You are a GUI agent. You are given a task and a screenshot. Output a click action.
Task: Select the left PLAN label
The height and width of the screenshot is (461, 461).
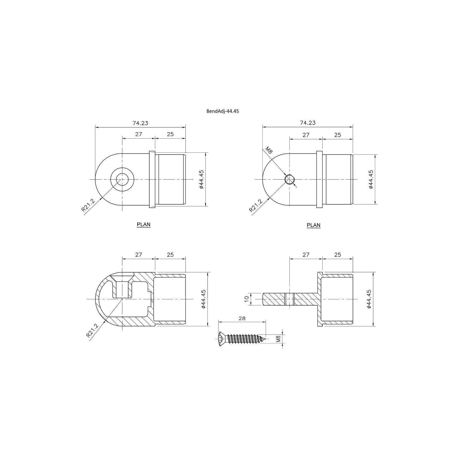coord(144,224)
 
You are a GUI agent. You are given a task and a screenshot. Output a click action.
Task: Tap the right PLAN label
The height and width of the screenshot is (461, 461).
coord(314,225)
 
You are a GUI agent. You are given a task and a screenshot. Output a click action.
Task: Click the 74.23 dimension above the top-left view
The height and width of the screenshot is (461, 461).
coord(140,123)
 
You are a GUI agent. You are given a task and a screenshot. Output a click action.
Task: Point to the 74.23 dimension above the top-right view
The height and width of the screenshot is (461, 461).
coord(308,123)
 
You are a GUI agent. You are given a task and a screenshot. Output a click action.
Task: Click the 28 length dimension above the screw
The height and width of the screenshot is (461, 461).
coord(242,319)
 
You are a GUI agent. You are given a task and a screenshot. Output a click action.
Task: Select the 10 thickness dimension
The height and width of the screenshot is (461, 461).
coord(247,299)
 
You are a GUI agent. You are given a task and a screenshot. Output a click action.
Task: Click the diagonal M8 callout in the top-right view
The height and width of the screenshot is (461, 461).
coord(269,150)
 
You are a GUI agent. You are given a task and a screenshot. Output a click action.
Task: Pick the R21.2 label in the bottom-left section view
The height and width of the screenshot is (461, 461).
coord(92,331)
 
